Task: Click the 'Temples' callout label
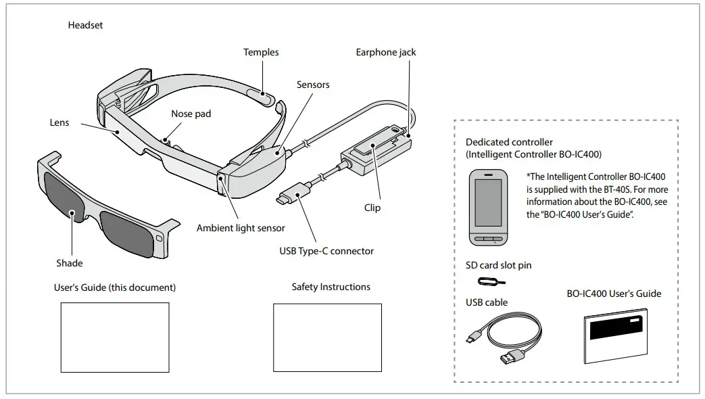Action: (261, 52)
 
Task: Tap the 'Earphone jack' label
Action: (386, 52)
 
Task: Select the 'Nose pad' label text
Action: (191, 114)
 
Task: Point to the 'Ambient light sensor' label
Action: (241, 228)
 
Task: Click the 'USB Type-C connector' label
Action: (326, 251)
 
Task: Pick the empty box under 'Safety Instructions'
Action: (327, 337)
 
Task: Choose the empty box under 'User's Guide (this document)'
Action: (115, 337)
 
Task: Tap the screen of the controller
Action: (489, 202)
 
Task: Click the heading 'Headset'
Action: (85, 25)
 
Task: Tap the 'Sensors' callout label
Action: (313, 85)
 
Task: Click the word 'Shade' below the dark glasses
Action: (69, 262)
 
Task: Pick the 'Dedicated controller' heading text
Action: (509, 142)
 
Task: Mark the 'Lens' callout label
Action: (59, 123)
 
